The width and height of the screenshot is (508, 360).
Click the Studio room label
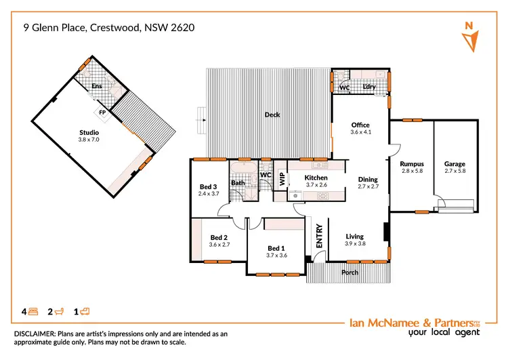[x=89, y=132]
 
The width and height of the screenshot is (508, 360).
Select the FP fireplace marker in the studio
[x=102, y=111]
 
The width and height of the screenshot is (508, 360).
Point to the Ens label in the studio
[x=97, y=86]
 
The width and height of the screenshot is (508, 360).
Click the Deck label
[x=272, y=115]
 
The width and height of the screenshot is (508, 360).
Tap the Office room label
[x=360, y=125]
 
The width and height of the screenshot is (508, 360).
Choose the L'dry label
[x=369, y=87]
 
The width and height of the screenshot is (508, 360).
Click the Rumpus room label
[x=411, y=164]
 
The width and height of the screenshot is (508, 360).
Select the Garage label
[x=454, y=164]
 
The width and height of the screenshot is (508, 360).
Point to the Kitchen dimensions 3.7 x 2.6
[x=316, y=185]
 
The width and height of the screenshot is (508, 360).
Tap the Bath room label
[x=238, y=182]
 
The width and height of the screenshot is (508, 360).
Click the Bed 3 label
[x=208, y=186]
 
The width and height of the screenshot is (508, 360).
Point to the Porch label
[x=350, y=273]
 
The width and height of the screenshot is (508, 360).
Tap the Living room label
[x=355, y=237]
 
